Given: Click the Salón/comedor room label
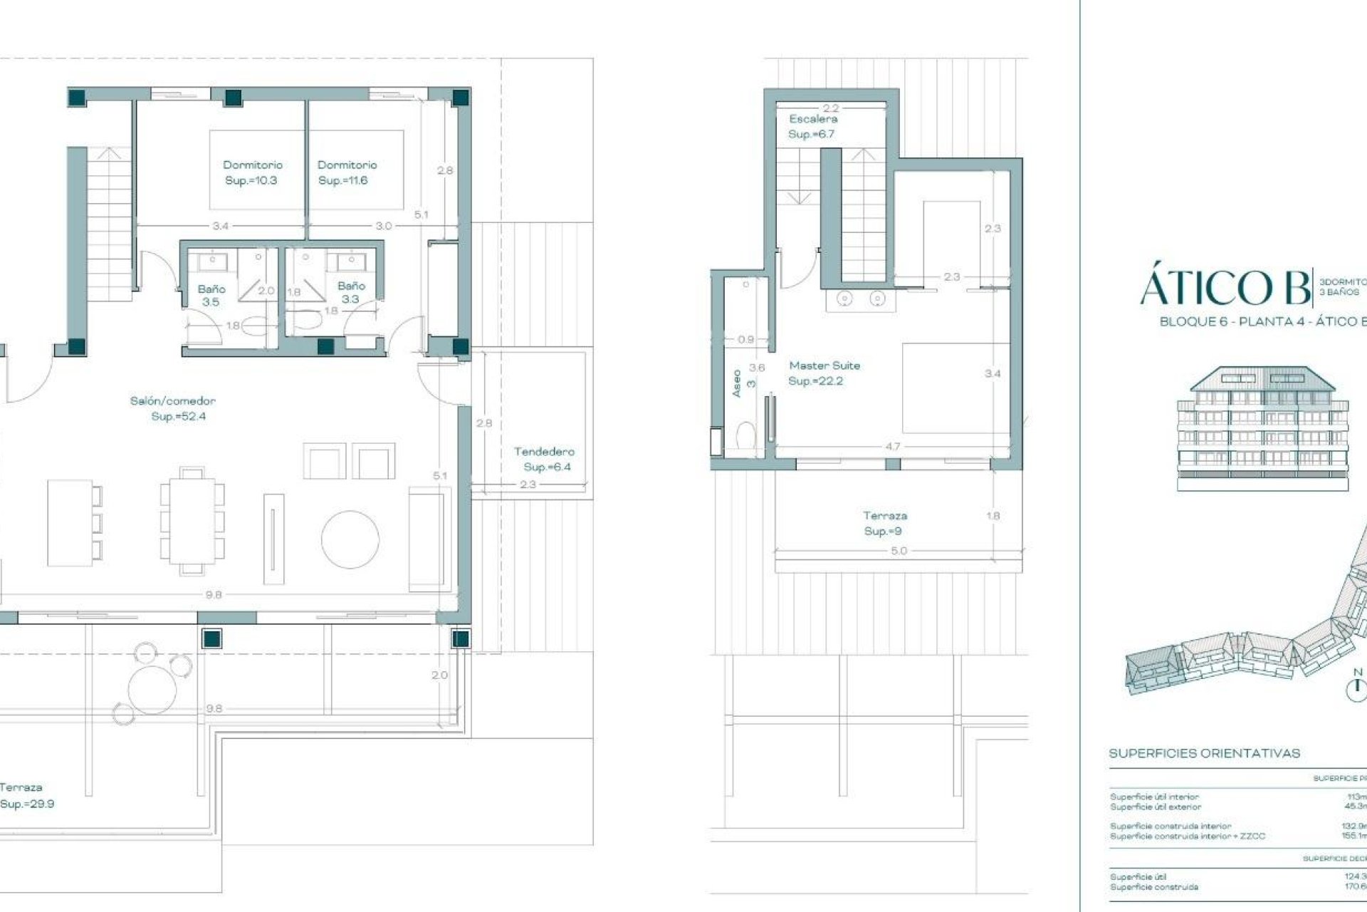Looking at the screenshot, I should point(172,408).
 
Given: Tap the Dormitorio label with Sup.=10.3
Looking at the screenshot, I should point(252,172).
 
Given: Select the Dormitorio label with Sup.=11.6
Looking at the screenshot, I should point(347,172).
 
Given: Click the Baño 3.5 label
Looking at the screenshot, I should point(211,295).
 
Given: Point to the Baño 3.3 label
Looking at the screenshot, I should point(351,292).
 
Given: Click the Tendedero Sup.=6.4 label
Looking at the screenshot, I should point(545,459).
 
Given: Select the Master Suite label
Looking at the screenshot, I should point(824,373).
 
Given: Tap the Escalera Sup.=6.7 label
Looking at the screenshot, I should point(812,126).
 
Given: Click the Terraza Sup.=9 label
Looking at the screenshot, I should point(885,523).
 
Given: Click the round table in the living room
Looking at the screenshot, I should point(350,539).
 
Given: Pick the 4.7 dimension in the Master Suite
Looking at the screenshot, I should point(892,447).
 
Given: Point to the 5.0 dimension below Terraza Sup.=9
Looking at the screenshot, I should point(899,551).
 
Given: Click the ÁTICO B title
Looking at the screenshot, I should point(1225,287).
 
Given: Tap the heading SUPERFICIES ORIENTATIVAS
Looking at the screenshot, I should point(1204,753).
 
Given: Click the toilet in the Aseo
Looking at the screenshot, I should point(745,435).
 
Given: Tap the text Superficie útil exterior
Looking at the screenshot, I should point(1155,807).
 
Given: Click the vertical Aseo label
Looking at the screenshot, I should point(736,383).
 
